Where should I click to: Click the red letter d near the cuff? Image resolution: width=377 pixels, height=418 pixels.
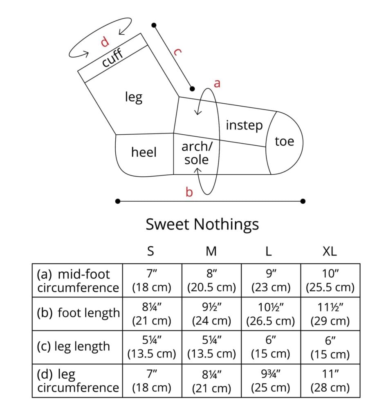coord(105,42)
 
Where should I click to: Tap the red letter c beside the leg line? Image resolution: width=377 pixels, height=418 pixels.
coord(177,52)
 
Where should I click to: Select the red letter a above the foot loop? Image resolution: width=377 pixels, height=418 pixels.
coord(217,83)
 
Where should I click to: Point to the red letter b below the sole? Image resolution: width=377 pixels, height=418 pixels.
coord(189,192)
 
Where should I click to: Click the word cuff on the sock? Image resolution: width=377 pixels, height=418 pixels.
coord(113,58)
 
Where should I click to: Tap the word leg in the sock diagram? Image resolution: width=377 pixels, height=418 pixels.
coord(134,97)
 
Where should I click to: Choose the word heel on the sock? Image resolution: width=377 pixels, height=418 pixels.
coord(144,152)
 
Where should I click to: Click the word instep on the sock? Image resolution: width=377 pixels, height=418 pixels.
coord(244,125)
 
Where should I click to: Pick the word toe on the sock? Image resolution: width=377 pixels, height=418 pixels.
coord(284,141)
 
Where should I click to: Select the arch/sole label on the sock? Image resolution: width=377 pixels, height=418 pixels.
coord(197,153)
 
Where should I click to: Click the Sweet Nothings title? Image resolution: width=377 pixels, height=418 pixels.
coord(202,224)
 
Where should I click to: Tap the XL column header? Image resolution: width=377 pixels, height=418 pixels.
coord(330,251)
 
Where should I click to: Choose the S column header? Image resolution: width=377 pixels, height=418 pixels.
coord(150,251)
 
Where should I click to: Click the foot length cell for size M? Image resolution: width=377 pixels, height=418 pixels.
coord(211,314)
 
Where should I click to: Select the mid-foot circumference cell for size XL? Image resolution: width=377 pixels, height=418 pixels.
coord(330,280)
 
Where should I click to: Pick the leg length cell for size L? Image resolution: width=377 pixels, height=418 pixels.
coord(271,347)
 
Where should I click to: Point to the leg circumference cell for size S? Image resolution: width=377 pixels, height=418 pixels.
coord(152,381)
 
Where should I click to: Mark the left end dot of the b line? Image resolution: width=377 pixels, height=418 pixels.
coord(117,201)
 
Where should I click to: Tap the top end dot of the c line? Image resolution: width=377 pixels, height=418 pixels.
coord(154,25)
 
